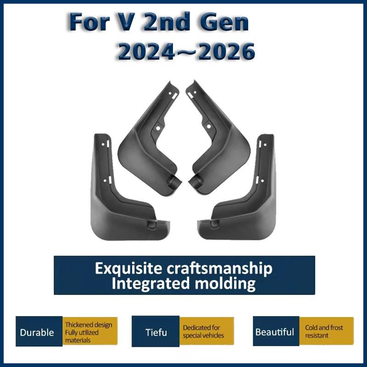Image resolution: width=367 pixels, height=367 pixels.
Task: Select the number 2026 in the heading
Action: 226,51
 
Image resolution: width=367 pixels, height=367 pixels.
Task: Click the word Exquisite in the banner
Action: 128,268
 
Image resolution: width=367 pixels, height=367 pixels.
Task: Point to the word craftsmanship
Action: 220,268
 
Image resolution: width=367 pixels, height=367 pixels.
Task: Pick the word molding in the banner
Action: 225,284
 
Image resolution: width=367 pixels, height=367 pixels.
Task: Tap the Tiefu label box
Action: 156,331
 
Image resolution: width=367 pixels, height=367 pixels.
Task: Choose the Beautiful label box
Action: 276,331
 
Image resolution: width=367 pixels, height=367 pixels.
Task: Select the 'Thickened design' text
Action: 89,325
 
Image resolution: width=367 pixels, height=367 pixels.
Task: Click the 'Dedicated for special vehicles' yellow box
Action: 206,331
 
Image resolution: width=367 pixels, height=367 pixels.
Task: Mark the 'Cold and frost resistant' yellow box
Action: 326,331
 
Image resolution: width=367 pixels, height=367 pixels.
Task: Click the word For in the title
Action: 89,22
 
